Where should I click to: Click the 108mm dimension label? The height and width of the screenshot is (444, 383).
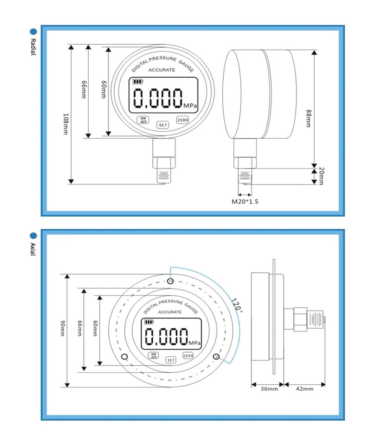tap(66, 124)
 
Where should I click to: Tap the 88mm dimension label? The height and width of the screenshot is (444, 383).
tap(309, 118)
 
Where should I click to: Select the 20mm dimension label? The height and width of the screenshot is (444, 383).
tap(321, 176)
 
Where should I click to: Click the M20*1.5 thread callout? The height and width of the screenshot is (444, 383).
tap(245, 202)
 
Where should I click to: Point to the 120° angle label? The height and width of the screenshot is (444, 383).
tap(237, 306)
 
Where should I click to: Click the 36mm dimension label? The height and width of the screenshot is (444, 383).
tap(269, 389)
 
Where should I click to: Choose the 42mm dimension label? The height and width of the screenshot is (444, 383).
tap(305, 389)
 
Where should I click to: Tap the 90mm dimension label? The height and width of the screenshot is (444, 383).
tap(63, 328)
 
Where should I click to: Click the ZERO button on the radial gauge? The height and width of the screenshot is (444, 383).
tap(182, 120)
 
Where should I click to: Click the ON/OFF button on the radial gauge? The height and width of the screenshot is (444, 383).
tap(143, 120)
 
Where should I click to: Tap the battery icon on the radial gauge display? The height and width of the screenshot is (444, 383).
tap(138, 82)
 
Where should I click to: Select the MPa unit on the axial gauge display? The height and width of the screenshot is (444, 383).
tap(195, 343)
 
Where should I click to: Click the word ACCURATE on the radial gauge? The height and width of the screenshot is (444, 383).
tap(162, 70)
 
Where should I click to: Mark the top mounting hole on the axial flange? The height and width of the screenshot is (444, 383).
tap(171, 281)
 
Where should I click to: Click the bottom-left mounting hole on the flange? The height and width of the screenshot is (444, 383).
tap(125, 357)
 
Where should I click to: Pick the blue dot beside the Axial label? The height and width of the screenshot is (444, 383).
tap(33, 236)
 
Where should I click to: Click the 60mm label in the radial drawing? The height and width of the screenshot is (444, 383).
tap(103, 89)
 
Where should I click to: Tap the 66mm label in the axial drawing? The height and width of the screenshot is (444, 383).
tap(79, 328)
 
